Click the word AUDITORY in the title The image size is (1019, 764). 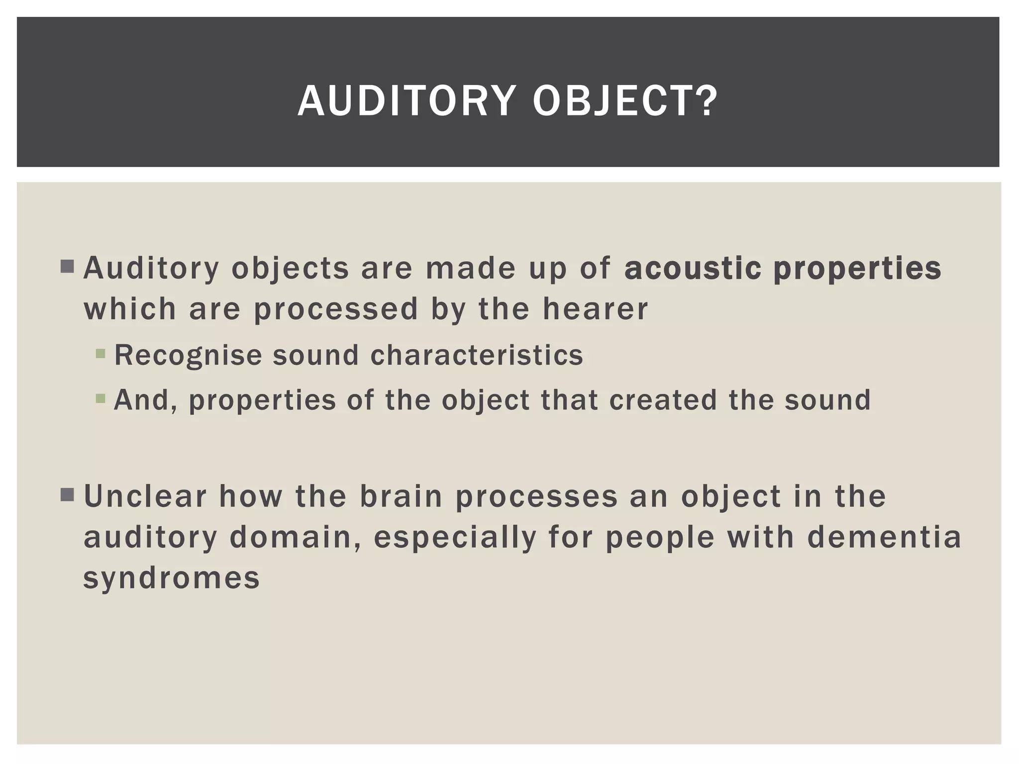[405, 101]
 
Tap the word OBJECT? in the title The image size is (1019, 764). [625, 101]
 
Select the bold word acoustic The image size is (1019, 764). [693, 268]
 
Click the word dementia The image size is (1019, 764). [884, 537]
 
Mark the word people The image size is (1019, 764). [660, 538]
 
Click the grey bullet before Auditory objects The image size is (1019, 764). [67, 267]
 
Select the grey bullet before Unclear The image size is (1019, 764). [67, 495]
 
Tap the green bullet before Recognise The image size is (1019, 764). [101, 354]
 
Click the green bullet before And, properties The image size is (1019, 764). [101, 398]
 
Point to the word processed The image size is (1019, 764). [336, 309]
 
